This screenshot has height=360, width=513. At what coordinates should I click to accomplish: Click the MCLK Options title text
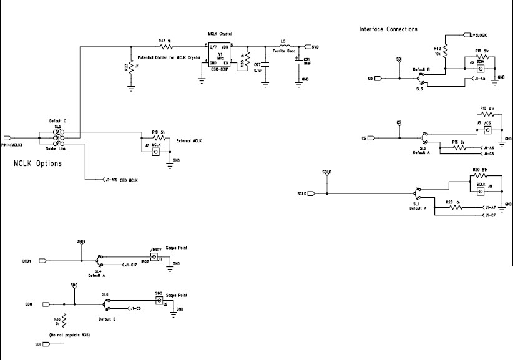[37, 165]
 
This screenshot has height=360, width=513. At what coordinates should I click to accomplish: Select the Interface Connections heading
[388, 29]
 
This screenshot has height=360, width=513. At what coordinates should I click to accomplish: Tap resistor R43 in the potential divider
[166, 47]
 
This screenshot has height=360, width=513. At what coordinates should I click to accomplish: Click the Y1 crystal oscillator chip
[219, 55]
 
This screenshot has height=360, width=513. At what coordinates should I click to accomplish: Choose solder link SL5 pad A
[64, 132]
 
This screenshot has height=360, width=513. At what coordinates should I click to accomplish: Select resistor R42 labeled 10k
[444, 53]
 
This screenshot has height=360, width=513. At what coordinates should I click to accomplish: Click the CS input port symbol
[370, 138]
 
